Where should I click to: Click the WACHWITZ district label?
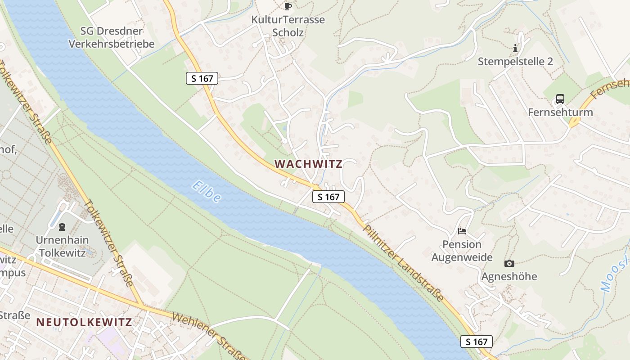click(x=308, y=164)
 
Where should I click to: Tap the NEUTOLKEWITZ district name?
click(x=84, y=322)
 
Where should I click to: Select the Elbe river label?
click(x=207, y=191)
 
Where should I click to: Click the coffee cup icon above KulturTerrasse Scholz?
click(x=288, y=6)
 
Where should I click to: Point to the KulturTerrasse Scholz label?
click(x=288, y=26)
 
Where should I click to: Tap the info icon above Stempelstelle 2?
click(x=515, y=48)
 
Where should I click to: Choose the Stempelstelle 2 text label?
click(x=515, y=62)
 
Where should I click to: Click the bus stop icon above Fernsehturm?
click(x=560, y=99)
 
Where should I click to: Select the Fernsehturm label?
click(x=560, y=112)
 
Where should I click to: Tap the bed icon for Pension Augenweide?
click(x=462, y=231)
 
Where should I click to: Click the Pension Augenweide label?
click(x=462, y=251)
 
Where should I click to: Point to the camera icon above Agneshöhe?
click(x=509, y=263)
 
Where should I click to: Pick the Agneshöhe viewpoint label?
click(x=509, y=276)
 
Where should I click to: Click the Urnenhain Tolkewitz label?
click(x=62, y=246)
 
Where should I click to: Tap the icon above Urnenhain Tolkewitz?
click(x=62, y=226)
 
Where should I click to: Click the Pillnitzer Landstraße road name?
click(x=404, y=263)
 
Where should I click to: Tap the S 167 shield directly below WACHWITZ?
click(x=328, y=197)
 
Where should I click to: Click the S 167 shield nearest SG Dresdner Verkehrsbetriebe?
click(x=202, y=78)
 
